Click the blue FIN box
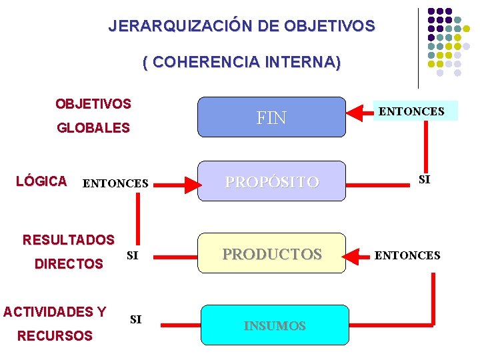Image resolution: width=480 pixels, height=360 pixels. click(272, 118)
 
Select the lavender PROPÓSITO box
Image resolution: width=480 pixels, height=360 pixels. click(272, 181)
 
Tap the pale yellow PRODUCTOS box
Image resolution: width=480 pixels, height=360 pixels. click(272, 254)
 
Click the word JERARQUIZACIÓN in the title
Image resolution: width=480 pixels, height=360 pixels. click(180, 27)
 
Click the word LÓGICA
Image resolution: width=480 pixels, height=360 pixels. click(41, 181)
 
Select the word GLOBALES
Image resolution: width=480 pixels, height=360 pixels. click(93, 128)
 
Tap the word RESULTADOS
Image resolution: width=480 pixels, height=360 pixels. click(69, 239)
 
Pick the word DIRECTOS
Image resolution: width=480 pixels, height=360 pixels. click(69, 264)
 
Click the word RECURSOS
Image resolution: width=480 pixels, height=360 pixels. click(55, 336)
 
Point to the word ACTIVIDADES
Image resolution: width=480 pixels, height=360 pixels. click(48, 311)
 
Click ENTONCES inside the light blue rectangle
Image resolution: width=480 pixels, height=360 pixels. click(411, 111)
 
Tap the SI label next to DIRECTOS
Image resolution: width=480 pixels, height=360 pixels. click(132, 255)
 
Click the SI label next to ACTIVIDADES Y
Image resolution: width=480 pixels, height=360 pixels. click(136, 319)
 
